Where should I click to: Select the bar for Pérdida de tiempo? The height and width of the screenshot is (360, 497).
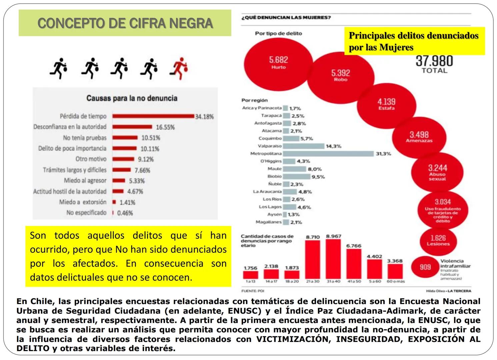[153, 116]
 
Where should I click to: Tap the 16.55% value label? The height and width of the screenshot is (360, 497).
[165, 127]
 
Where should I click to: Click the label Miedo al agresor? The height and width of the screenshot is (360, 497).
[85, 181]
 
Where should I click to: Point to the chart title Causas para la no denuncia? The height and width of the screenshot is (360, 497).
[132, 98]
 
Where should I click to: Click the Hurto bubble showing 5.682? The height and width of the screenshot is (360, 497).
[278, 63]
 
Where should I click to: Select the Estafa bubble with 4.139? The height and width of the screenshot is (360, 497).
[386, 104]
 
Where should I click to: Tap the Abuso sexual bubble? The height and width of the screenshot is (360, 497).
[437, 172]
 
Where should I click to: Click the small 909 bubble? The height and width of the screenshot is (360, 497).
[425, 267]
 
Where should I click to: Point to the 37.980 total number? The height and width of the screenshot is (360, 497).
[434, 61]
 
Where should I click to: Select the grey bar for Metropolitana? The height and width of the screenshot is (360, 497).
[328, 154]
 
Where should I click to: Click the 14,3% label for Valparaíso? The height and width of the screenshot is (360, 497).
[333, 146]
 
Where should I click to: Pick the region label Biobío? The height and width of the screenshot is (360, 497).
[274, 176]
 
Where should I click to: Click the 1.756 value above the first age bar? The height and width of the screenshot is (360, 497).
[250, 268]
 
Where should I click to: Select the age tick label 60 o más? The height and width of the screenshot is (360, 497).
[395, 282]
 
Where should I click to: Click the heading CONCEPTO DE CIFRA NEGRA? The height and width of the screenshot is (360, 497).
[125, 23]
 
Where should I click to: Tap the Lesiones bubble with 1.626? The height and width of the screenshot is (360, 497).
[438, 240]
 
